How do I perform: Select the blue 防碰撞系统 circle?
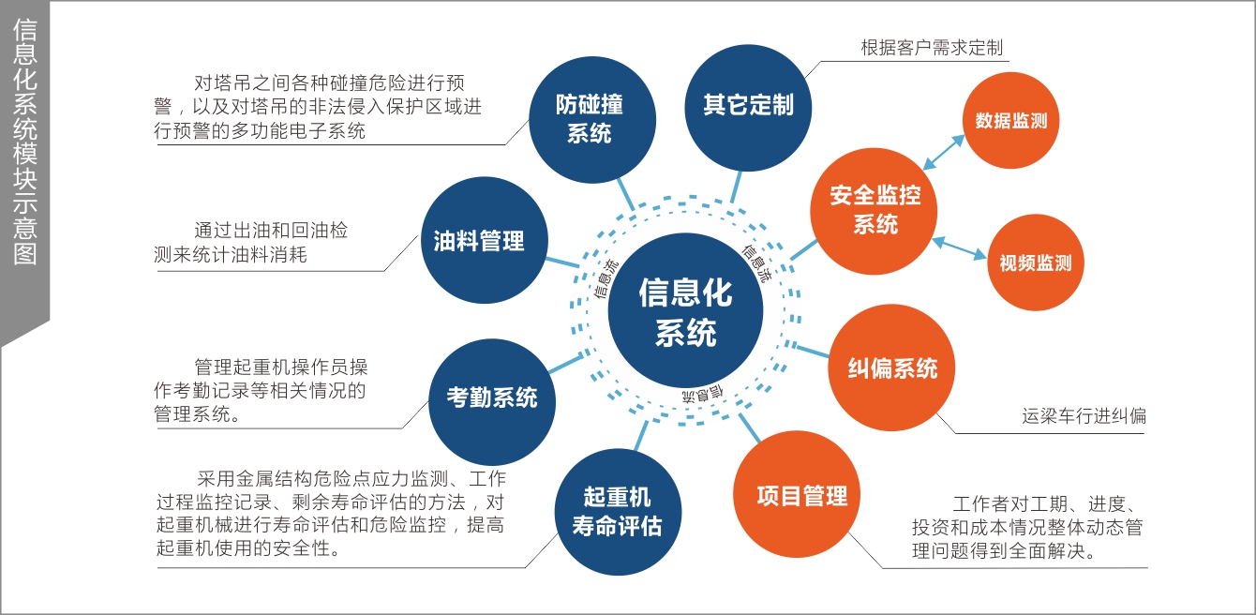point(590,119)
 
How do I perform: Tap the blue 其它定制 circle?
point(748,105)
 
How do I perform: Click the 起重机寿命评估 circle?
point(617,511)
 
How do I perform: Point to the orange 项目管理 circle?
point(801,495)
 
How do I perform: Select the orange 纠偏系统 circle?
point(892,367)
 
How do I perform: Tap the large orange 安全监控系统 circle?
point(875,210)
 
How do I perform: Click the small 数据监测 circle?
point(1010,121)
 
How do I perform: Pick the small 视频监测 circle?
point(1035,263)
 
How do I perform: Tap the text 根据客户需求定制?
point(932,48)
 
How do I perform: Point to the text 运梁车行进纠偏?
point(1084,415)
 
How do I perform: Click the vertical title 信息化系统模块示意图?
point(25,141)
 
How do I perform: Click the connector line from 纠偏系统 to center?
point(812,352)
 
